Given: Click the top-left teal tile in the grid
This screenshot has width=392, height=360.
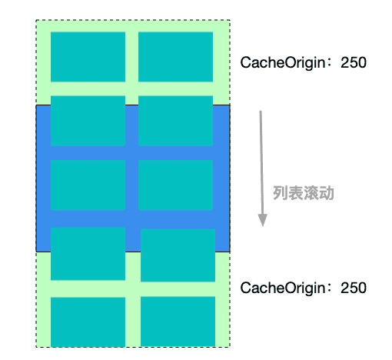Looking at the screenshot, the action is pyautogui.click(x=88, y=57).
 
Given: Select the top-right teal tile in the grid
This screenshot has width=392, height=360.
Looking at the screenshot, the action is pyautogui.click(x=175, y=57).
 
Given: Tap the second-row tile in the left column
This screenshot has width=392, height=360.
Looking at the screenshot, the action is pyautogui.click(x=88, y=121).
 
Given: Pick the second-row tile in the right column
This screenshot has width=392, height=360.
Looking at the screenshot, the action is pyautogui.click(x=175, y=121).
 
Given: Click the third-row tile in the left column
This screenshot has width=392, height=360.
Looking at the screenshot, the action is pyautogui.click(x=88, y=185).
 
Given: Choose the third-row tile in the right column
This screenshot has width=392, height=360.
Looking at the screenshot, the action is pyautogui.click(x=175, y=185).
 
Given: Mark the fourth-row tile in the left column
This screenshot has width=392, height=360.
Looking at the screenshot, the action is pyautogui.click(x=88, y=254).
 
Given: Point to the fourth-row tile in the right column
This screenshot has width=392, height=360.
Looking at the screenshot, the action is pyautogui.click(x=178, y=255).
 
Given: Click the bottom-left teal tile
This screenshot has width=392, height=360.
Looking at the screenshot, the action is pyautogui.click(x=88, y=322).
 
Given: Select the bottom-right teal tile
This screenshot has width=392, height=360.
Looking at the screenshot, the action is pyautogui.click(x=178, y=322).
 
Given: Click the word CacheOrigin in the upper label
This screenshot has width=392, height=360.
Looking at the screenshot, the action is pyautogui.click(x=283, y=63).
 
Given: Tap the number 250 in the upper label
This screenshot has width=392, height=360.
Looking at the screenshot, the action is pyautogui.click(x=354, y=62).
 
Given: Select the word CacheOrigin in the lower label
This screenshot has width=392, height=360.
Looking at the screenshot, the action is pyautogui.click(x=283, y=288).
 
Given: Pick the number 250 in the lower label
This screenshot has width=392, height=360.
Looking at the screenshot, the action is pyautogui.click(x=354, y=288).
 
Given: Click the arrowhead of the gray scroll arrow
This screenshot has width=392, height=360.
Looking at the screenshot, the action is pyautogui.click(x=263, y=220).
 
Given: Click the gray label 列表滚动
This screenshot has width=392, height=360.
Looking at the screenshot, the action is pyautogui.click(x=304, y=193).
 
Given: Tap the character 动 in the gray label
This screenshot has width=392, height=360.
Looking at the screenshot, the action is pyautogui.click(x=327, y=193).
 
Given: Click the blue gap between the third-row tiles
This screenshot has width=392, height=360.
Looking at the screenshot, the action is pyautogui.click(x=131, y=185).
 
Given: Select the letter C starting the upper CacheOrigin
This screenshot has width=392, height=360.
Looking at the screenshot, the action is pyautogui.click(x=245, y=62).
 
